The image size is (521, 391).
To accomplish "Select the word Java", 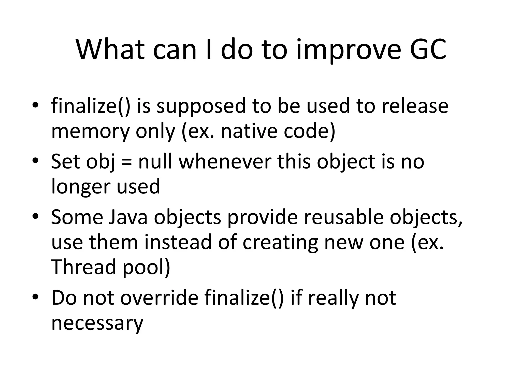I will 128,217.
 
